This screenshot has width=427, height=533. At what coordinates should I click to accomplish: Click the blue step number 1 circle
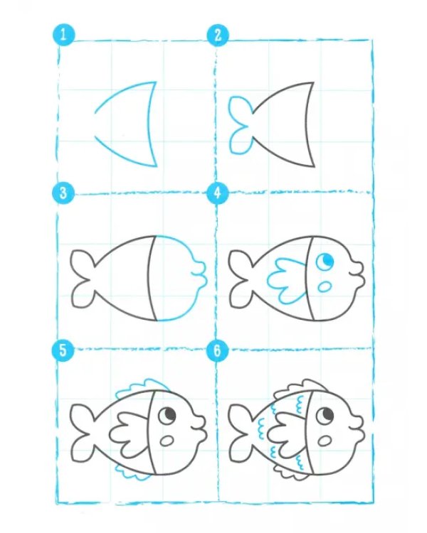click(63, 35)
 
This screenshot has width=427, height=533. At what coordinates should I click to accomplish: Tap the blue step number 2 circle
click(218, 35)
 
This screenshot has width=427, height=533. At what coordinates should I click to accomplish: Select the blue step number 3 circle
click(63, 193)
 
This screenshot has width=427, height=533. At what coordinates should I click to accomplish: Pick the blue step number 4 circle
click(218, 193)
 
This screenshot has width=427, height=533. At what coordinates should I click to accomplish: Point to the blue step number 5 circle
click(63, 350)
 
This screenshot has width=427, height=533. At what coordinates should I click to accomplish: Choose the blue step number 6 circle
click(218, 350)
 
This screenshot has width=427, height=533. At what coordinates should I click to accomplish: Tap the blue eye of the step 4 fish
click(325, 262)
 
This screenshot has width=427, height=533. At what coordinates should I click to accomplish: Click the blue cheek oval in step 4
click(325, 286)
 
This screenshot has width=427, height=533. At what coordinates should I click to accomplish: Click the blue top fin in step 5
click(143, 387)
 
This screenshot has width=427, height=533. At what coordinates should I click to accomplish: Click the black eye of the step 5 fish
click(167, 415)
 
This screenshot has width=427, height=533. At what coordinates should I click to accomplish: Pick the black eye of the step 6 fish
click(325, 415)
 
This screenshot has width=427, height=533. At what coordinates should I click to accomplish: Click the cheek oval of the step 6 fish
click(325, 441)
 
